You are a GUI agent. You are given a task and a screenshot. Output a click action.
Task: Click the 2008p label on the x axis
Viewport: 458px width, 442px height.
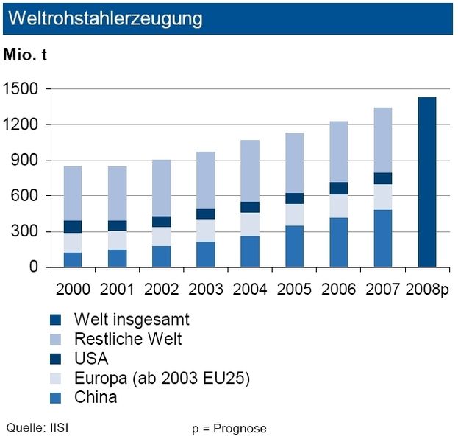point(426,287)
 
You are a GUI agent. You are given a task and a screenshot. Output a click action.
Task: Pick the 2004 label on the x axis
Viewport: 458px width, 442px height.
point(249,287)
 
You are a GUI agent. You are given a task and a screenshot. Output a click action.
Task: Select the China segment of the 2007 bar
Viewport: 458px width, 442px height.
point(382,238)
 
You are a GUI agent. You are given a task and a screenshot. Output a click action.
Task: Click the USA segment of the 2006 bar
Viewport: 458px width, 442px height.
point(337,188)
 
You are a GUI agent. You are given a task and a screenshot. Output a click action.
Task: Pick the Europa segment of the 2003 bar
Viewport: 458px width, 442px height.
point(205,230)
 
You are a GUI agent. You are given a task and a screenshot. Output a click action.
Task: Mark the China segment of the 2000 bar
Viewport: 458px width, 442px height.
point(72,259)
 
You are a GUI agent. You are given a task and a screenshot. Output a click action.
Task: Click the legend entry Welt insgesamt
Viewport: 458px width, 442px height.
point(132,320)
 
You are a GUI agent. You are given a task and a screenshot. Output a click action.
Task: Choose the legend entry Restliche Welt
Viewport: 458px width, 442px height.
point(127,339)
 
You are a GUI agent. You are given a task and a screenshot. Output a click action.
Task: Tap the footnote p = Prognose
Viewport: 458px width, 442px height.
point(229,427)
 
